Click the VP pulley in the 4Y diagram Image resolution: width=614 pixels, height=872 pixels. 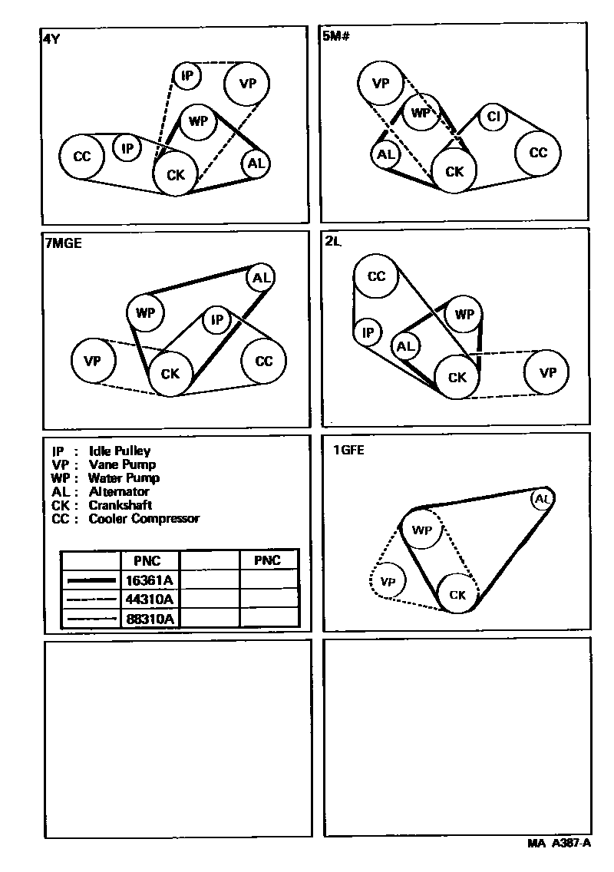[x=247, y=83]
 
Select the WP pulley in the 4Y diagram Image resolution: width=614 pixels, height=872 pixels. [x=198, y=121]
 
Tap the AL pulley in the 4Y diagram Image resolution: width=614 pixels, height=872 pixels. [x=256, y=163]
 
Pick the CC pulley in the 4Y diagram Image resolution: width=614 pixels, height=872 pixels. [x=82, y=157]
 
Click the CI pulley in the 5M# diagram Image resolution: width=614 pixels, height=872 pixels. [x=494, y=117]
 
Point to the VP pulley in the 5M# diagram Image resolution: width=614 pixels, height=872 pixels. [x=381, y=84]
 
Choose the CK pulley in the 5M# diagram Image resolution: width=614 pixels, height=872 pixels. [x=454, y=172]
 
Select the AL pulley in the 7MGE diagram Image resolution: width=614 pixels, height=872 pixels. [x=261, y=278]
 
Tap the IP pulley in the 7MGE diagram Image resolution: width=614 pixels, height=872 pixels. [x=216, y=319]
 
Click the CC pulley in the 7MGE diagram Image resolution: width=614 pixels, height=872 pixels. [x=263, y=362]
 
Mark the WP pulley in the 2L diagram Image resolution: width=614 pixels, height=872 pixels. [x=464, y=314]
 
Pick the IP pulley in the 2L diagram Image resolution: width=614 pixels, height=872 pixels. [x=368, y=332]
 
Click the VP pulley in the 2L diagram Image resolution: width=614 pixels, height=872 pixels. [x=547, y=373]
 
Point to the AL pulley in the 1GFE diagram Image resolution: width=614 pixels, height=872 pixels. [x=543, y=500]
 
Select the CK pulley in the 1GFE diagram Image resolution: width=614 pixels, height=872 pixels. [x=457, y=594]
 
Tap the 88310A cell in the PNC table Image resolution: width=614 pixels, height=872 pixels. [x=150, y=617]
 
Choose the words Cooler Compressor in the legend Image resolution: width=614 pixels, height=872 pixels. [x=144, y=519]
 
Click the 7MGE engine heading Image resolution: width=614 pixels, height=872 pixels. [x=63, y=244]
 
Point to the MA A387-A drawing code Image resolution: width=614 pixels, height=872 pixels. [x=559, y=843]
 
